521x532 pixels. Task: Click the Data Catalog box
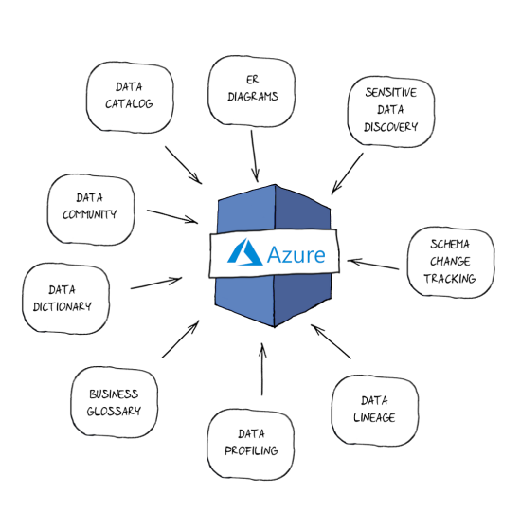129,94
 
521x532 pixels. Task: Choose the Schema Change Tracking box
449,261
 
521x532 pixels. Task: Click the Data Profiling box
251,442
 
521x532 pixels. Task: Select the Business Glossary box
115,402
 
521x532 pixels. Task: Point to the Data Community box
90,206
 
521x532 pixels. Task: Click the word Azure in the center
296,254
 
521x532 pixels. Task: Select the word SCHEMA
449,244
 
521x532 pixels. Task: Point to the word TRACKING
449,279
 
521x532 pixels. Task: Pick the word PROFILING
251,450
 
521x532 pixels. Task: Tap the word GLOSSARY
115,412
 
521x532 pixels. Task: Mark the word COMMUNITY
90,214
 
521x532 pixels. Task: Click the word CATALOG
129,103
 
